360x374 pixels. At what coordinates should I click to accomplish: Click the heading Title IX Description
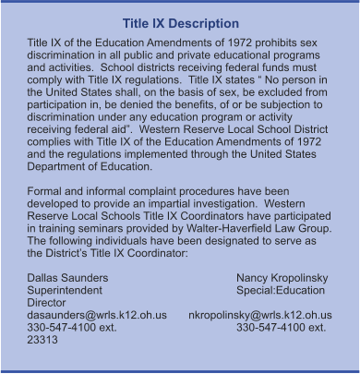coord(180,23)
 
